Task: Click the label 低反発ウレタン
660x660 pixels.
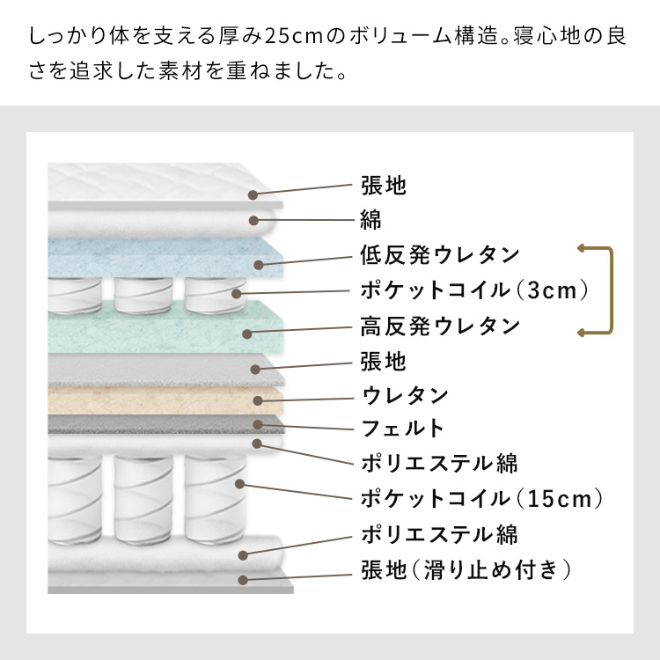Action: click(440, 255)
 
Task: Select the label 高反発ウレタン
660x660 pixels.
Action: click(440, 326)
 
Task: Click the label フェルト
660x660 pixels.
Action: click(403, 429)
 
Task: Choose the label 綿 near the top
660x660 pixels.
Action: click(370, 220)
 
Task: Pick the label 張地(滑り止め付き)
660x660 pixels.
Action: click(466, 570)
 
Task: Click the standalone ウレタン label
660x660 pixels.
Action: click(405, 396)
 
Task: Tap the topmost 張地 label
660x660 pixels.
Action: click(384, 185)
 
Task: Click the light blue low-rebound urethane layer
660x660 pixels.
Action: click(165, 257)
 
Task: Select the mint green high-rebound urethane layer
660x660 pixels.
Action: click(165, 327)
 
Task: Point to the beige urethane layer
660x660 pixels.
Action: click(165, 400)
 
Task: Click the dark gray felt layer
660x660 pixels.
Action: click(165, 424)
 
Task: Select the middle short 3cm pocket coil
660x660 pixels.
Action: click(143, 296)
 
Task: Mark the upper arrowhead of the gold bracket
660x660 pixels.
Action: click(582, 248)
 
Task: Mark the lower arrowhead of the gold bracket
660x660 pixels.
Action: click(582, 333)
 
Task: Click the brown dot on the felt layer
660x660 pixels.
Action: click(258, 425)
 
